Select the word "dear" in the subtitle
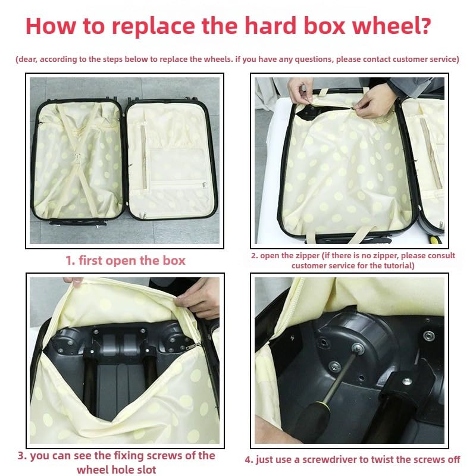(x=27, y=59)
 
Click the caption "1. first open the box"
(x=126, y=261)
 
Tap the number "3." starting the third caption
(x=22, y=456)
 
